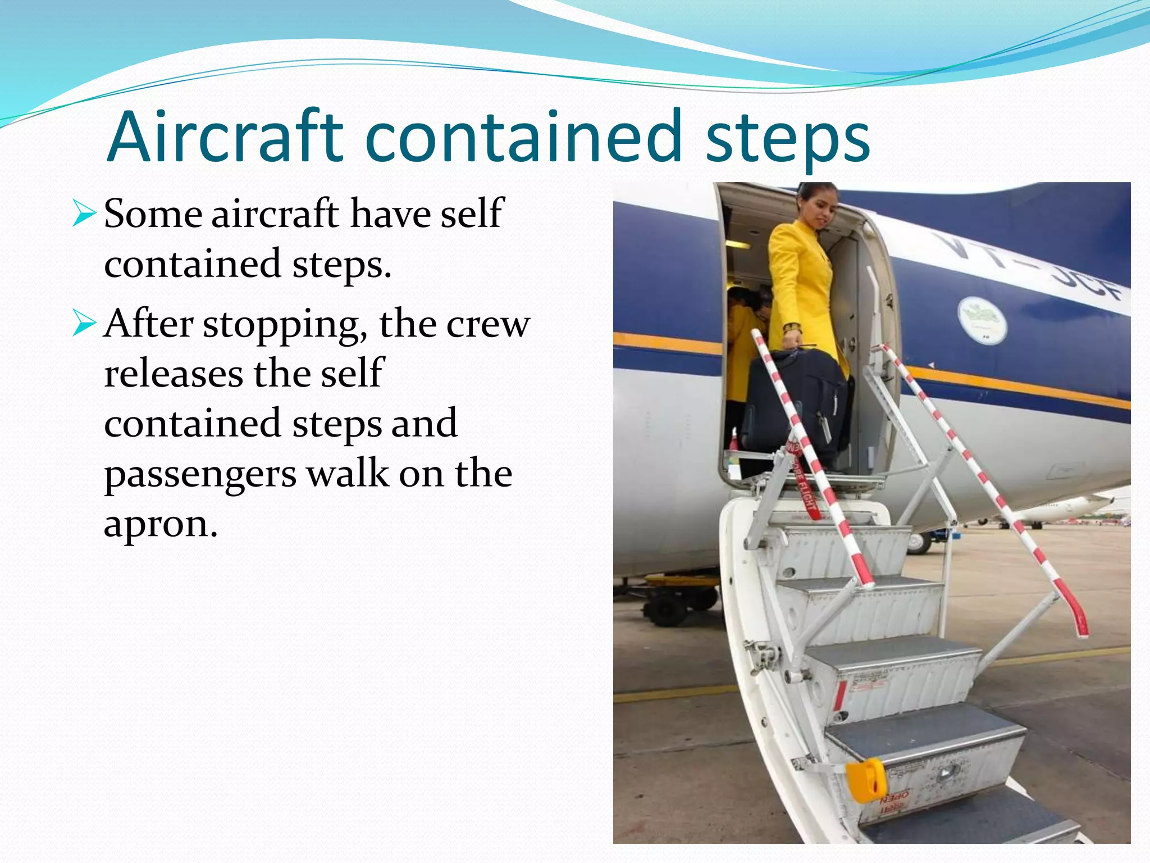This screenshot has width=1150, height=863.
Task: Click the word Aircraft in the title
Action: pyautogui.click(x=225, y=138)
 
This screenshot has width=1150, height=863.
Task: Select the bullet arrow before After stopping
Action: pyautogui.click(x=84, y=325)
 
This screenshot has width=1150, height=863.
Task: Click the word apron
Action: pyautogui.click(x=160, y=524)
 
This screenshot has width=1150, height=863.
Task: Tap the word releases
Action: pyautogui.click(x=173, y=374)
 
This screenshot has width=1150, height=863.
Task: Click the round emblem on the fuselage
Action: pyautogui.click(x=982, y=321)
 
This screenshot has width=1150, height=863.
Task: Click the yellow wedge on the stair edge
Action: pyautogui.click(x=866, y=779)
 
